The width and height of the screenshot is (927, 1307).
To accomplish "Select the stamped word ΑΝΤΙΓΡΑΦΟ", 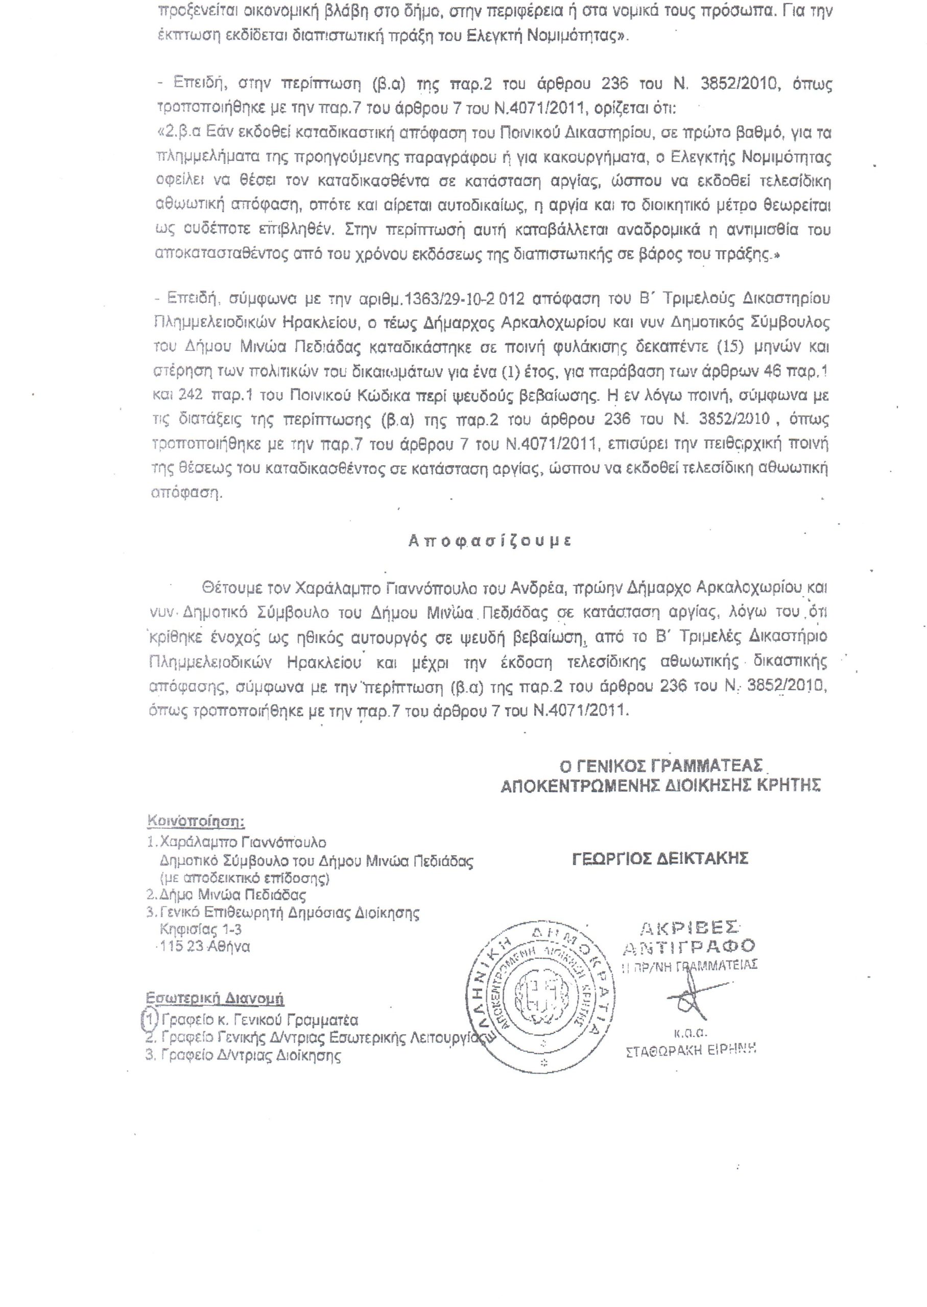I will pyautogui.click(x=689, y=948).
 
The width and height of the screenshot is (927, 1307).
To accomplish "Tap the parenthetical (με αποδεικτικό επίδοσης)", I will pyautogui.click(x=244, y=878).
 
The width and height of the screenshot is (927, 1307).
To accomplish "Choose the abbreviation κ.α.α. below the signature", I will pyautogui.click(x=690, y=1032).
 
